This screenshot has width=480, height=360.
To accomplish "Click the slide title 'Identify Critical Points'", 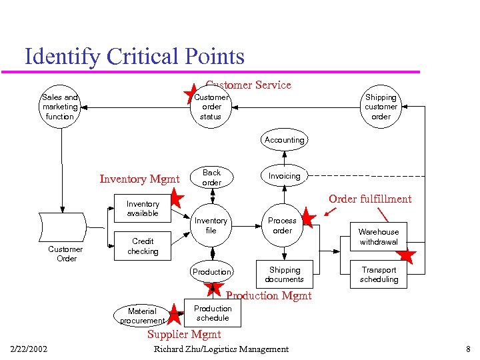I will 134,57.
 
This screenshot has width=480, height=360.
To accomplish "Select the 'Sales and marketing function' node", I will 60,107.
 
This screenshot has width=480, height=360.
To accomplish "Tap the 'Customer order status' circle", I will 211,107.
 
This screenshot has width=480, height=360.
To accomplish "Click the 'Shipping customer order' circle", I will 381,107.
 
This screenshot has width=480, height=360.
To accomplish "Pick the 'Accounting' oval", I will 284,140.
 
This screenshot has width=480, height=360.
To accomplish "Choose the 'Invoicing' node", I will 284,176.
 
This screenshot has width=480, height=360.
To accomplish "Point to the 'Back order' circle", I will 211,177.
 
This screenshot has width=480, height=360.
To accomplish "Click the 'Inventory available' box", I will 143,209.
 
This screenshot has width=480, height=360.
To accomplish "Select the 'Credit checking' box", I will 143,246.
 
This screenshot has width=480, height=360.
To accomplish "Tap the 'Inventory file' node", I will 211,225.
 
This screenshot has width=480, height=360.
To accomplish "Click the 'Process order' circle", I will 283,225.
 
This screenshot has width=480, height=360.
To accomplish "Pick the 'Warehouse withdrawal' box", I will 379,237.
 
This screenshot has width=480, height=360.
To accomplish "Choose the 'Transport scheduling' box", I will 379,275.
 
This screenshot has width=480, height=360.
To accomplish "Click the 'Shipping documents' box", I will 285,275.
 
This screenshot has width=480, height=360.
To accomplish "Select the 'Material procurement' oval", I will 142,315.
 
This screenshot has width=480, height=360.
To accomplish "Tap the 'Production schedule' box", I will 213,313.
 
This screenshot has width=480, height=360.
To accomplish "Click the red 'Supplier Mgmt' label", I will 184,334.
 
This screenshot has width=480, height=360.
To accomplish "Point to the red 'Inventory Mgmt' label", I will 139,179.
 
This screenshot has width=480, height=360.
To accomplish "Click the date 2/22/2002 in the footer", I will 29,349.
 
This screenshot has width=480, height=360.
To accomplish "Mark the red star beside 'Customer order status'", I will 191,93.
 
